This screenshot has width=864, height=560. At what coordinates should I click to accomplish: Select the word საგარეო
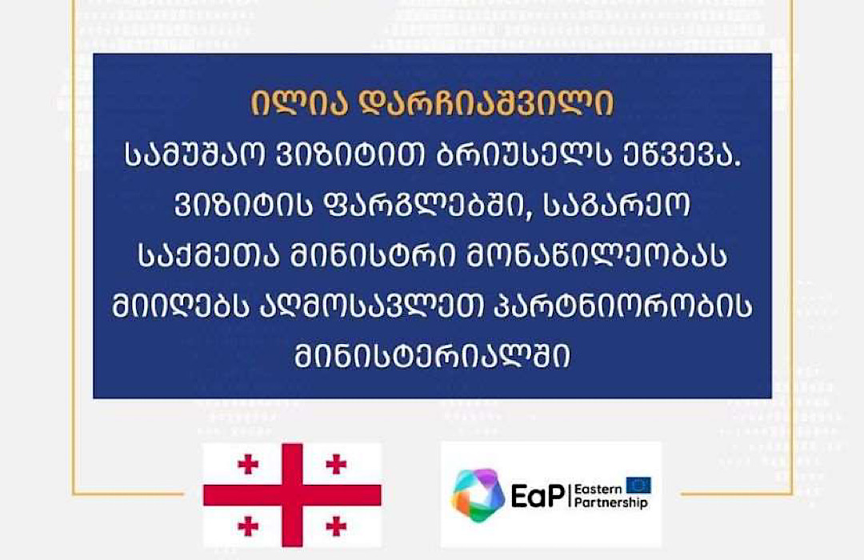[x=617, y=205]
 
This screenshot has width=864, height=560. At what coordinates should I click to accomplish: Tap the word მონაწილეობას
[x=596, y=256]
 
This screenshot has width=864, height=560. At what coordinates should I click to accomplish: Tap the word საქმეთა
[x=210, y=256]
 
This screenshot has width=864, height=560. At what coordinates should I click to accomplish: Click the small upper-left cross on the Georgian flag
[x=248, y=464]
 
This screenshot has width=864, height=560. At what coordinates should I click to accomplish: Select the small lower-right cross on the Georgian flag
[x=336, y=526]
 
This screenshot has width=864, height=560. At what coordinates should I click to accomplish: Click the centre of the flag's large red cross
[x=292, y=495]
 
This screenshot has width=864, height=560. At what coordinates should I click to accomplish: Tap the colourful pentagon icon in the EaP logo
[x=478, y=495]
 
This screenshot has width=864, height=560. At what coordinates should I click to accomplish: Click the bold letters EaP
[x=538, y=495]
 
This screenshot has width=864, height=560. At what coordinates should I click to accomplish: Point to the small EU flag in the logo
[x=638, y=486]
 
